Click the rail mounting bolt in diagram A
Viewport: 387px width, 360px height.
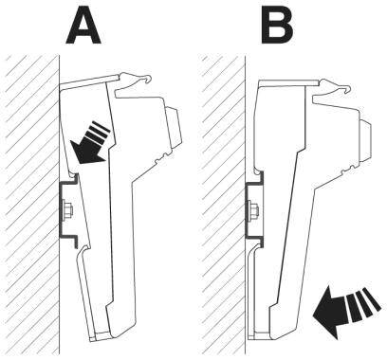(x=65, y=207)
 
